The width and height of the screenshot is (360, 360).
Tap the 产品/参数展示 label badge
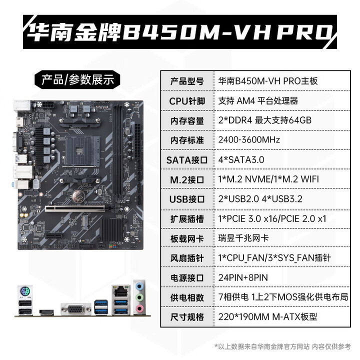pyautogui.click(x=77, y=79)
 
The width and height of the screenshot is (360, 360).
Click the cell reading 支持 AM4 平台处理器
pyautogui.click(x=258, y=100)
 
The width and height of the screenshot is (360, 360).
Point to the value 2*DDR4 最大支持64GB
pyautogui.click(x=265, y=120)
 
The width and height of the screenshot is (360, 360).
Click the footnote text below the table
pyautogui.click(x=282, y=346)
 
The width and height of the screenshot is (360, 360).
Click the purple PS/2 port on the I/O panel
pyautogui.click(x=24, y=292)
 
